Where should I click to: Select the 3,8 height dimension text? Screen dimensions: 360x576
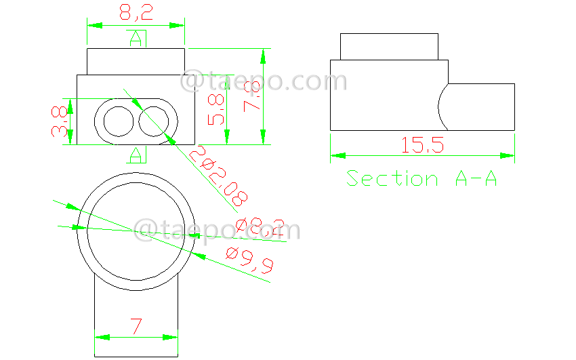click(61, 121)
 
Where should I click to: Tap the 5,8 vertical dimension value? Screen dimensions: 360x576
click(216, 108)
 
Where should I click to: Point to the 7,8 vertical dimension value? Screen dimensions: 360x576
click(252, 96)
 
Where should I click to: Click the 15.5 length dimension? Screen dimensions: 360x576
click(422, 144)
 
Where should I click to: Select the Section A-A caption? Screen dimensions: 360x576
click(422, 178)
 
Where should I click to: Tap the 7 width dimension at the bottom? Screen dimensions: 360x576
click(136, 327)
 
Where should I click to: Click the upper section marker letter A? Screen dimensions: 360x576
click(136, 39)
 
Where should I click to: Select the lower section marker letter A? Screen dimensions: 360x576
click(136, 155)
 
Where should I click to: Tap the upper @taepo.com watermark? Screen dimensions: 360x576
click(264, 81)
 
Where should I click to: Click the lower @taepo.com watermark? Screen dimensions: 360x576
click(217, 229)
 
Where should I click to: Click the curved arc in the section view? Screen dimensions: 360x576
click(441, 106)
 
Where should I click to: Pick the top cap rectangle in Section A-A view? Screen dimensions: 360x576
click(389, 46)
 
